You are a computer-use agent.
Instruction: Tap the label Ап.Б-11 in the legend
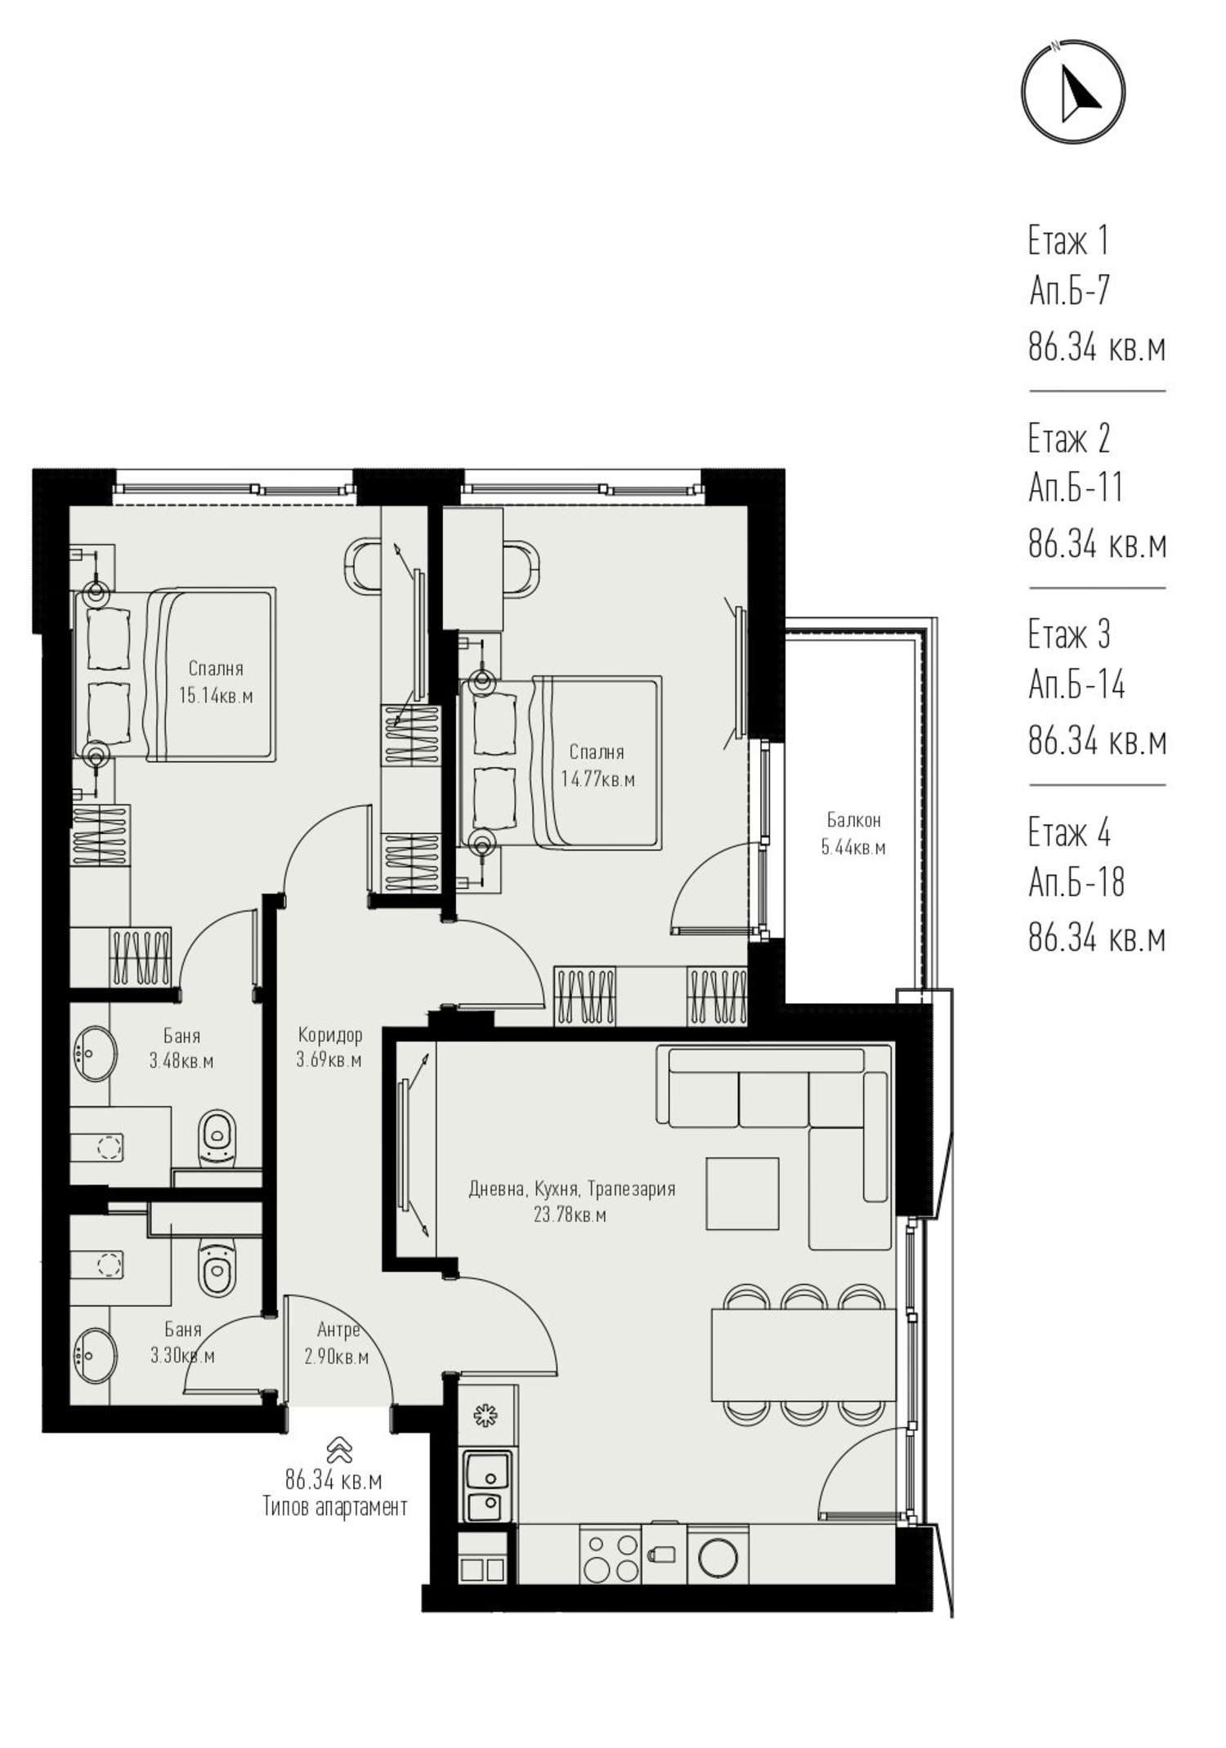point(1076,488)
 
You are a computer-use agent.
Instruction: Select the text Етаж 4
point(1069,832)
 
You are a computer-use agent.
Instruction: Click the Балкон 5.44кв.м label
point(853,833)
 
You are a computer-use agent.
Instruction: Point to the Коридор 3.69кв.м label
point(329,1047)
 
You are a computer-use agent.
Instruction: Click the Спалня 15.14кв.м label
point(216,682)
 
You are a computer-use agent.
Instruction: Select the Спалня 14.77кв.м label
point(597,765)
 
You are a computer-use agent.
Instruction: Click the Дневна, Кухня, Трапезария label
point(572,1188)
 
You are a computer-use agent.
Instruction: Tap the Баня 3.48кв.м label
point(181,1048)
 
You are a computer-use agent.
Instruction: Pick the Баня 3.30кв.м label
point(182,1343)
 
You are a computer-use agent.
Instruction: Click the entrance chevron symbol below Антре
point(338,1450)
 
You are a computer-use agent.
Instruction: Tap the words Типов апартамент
point(335,1507)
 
